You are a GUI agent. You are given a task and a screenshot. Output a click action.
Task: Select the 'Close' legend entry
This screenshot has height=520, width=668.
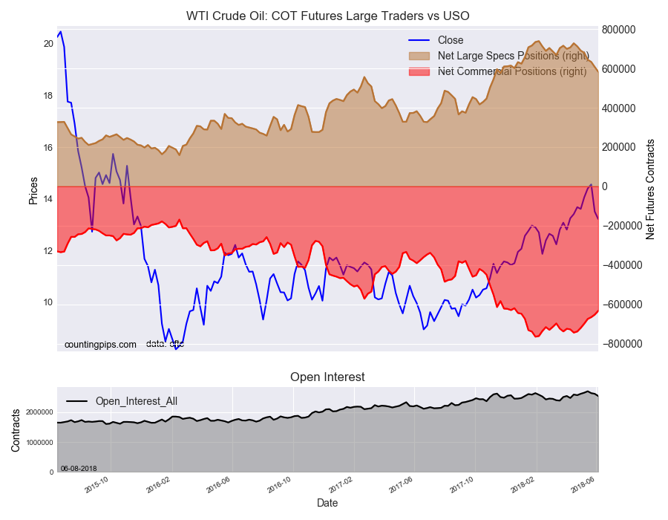451,40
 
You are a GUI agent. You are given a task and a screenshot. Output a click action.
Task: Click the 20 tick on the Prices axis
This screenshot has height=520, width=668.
48,44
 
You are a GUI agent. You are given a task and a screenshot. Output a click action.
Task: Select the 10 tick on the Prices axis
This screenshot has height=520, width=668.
48,303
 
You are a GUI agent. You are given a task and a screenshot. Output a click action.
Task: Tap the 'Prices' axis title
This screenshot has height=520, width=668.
33,189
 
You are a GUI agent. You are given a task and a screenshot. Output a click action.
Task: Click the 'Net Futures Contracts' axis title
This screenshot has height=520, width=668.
650,189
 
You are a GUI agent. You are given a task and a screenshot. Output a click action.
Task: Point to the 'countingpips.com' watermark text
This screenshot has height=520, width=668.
100,345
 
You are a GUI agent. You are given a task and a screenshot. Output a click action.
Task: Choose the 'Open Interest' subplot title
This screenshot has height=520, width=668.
327,377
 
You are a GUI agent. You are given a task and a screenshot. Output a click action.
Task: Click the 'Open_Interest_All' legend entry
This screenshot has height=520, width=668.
136,401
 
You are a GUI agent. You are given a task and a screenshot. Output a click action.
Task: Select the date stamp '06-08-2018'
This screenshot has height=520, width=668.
79,469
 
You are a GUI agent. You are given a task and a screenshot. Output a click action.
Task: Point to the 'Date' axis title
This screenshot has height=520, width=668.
327,503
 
